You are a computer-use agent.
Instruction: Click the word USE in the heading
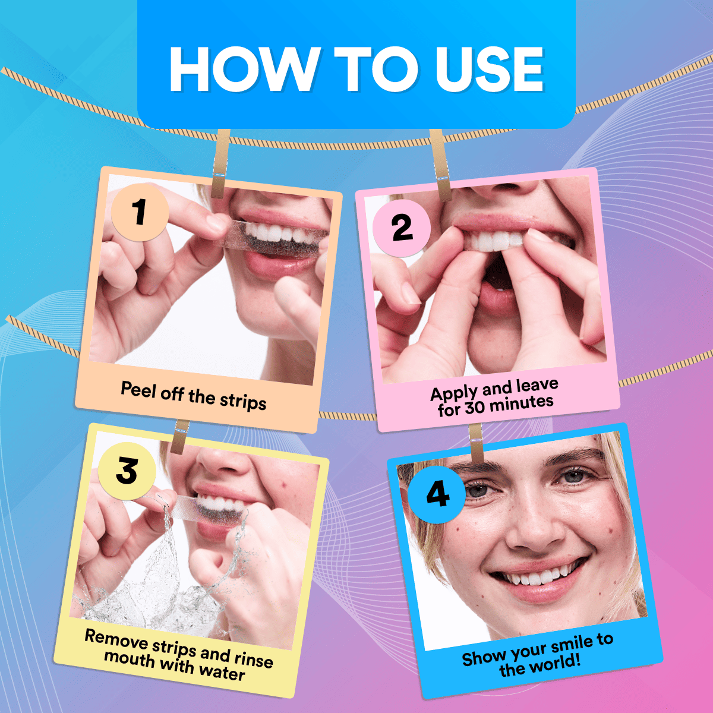pyautogui.click(x=489, y=70)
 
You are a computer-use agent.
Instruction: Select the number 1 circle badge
pyautogui.click(x=140, y=212)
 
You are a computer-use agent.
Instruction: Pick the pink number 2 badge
pyautogui.click(x=402, y=228)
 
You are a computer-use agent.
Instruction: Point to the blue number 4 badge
pyautogui.click(x=437, y=494)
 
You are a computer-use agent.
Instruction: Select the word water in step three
pyautogui.click(x=222, y=672)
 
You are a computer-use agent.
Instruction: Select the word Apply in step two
pyautogui.click(x=454, y=393)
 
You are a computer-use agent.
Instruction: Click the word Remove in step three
pyautogui.click(x=116, y=638)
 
